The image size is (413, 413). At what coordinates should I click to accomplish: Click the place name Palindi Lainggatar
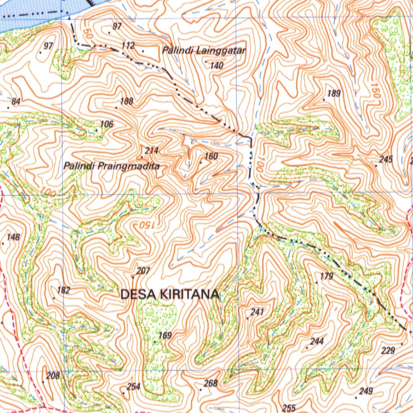pyautogui.click(x=204, y=51)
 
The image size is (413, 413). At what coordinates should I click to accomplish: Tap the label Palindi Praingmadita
pyautogui.click(x=112, y=166)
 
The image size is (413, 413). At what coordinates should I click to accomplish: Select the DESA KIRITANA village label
pyautogui.click(x=170, y=294)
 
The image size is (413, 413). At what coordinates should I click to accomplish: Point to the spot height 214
pyautogui.click(x=152, y=150)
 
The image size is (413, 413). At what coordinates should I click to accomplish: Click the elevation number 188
pyautogui.click(x=127, y=101)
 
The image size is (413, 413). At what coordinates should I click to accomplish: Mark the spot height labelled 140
pyautogui.click(x=217, y=65)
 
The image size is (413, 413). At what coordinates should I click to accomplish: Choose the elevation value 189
pyautogui.click(x=334, y=94)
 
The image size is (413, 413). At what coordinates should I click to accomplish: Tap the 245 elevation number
pyautogui.click(x=386, y=159)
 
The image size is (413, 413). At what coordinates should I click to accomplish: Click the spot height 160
pyautogui.click(x=211, y=156)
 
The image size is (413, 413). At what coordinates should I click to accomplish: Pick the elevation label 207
pyautogui.click(x=143, y=271)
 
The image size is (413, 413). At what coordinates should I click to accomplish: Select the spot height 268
pyautogui.click(x=211, y=383)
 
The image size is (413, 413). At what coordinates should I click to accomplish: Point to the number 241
pyautogui.click(x=257, y=312)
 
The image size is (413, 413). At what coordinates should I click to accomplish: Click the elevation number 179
pyautogui.click(x=326, y=276)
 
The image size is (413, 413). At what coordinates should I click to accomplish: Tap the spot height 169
pyautogui.click(x=165, y=335)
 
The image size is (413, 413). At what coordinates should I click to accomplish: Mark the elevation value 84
pyautogui.click(x=16, y=102)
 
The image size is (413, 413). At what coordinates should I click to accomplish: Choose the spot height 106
pyautogui.click(x=107, y=124)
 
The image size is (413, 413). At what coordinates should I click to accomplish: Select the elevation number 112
pyautogui.click(x=128, y=45)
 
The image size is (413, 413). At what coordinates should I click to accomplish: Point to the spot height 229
pyautogui.click(x=388, y=350)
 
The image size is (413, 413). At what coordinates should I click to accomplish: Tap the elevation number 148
pyautogui.click(x=13, y=237)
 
